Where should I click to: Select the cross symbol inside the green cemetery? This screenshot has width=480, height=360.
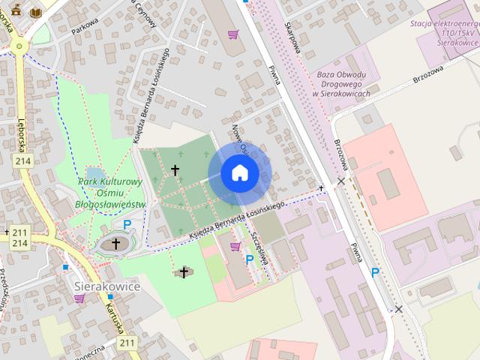175,170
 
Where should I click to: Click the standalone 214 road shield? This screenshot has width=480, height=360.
22,160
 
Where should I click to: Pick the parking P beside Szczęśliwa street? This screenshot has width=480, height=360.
250,259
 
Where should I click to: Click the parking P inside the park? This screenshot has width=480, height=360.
127,223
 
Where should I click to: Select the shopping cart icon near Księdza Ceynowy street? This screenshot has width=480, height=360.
233,34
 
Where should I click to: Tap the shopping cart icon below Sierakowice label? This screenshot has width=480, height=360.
79,298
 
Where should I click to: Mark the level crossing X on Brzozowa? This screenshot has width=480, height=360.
341,181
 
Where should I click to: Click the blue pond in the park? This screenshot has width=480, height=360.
93,174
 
